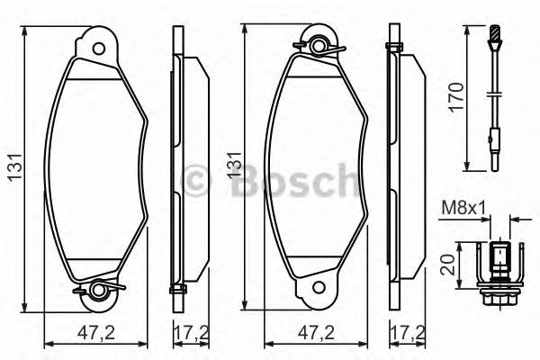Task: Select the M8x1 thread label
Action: [463, 210]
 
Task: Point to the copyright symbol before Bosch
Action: [196, 180]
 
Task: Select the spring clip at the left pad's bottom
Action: [98, 289]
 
